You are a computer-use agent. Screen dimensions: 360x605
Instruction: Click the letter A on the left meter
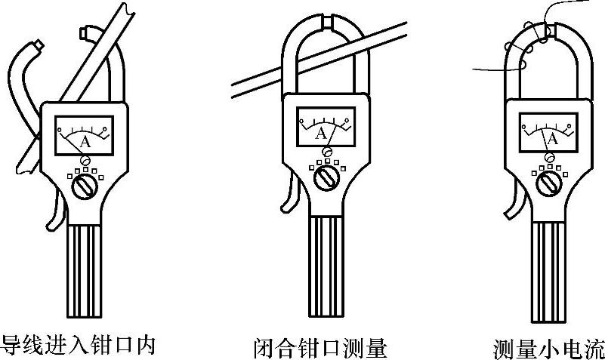tap(85, 141)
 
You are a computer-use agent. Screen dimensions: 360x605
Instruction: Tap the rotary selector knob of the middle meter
tap(326, 178)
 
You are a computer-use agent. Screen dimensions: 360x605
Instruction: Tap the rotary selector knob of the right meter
tap(550, 183)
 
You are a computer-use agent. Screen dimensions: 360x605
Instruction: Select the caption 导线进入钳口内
tap(78, 344)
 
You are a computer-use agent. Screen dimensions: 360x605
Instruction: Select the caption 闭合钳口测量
tap(319, 346)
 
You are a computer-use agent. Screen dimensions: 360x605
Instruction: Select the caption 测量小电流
tap(548, 348)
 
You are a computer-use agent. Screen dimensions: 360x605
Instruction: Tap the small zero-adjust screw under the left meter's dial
tap(85, 160)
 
